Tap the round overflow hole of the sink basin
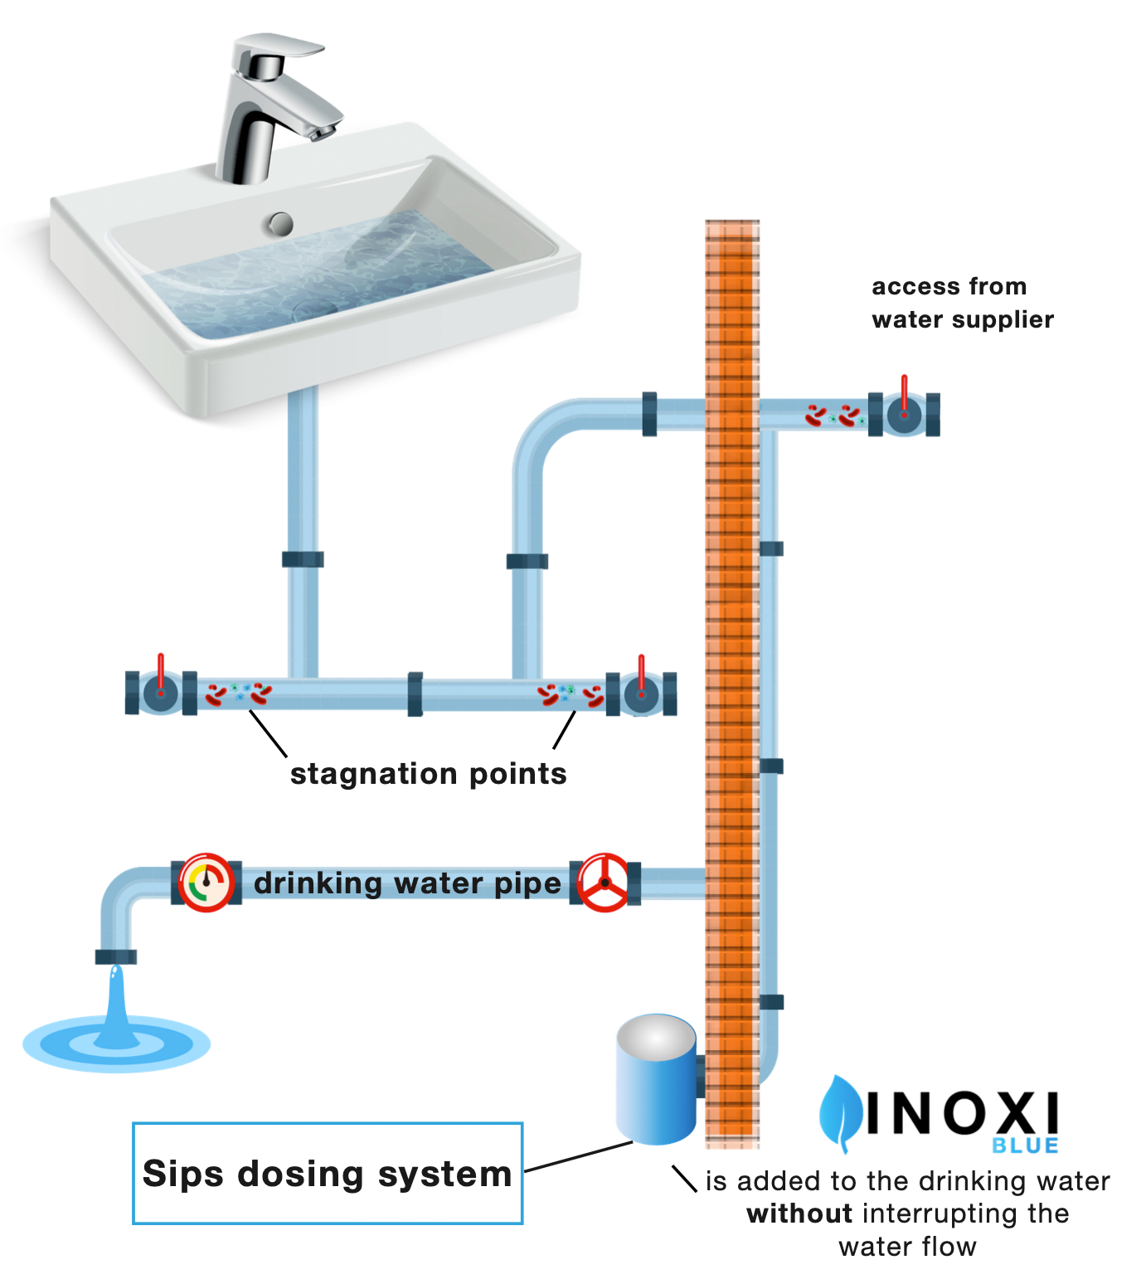pos(281,223)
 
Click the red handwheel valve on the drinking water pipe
pos(604,883)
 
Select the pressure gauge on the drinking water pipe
pos(206,883)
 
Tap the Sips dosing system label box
pos(328,1173)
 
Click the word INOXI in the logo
pos(962,1113)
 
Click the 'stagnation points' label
pos(428,774)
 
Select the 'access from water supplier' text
pos(962,303)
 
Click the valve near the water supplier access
pos(904,413)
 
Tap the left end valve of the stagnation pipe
pos(160,693)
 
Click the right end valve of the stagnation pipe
pos(641,693)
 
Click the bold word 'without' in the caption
pos(799,1213)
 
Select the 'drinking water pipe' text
pos(407,883)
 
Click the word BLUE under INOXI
pos(1025,1145)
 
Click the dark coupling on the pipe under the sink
pos(303,560)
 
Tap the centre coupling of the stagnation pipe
pos(415,694)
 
